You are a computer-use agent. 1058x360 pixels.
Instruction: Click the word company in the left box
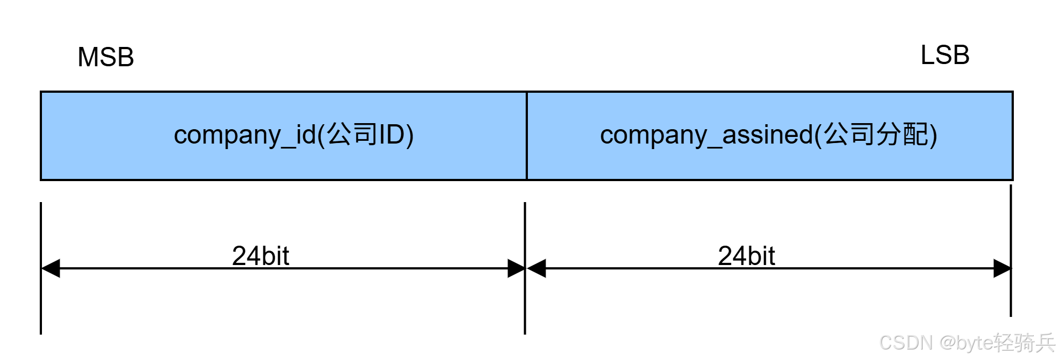pyautogui.click(x=227, y=135)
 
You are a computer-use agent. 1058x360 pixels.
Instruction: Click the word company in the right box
pyautogui.click(x=653, y=135)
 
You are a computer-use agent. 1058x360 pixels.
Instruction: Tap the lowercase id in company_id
pyautogui.click(x=306, y=134)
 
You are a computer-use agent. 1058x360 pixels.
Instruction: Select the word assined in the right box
pyautogui.click(x=768, y=135)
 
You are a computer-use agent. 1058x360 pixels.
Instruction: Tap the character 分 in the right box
pyautogui.click(x=888, y=134)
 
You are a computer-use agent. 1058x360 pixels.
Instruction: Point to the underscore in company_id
pyautogui.click(x=289, y=145)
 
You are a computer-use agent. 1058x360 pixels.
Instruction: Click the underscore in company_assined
pyautogui.click(x=715, y=145)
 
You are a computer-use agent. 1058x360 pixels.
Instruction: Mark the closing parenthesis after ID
pyautogui.click(x=409, y=135)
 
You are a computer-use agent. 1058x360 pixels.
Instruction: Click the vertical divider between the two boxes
pyautogui.click(x=527, y=136)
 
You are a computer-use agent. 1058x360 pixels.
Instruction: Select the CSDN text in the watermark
pyautogui.click(x=904, y=342)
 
